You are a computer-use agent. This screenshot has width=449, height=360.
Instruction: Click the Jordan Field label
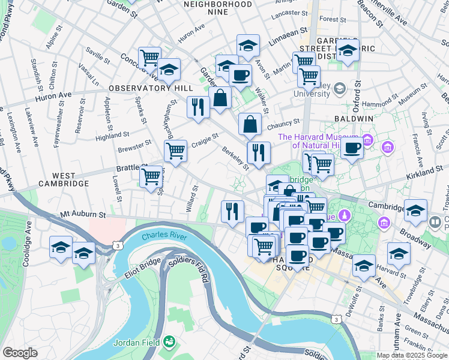click(138, 343)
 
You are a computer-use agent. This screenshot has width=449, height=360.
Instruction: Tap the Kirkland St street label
click(423, 172)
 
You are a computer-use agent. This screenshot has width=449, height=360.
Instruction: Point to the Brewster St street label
click(134, 146)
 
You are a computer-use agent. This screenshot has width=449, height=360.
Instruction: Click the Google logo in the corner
click(20, 353)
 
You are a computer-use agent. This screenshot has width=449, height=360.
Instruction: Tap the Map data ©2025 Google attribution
click(412, 355)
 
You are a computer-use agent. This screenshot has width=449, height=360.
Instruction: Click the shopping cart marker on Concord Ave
click(150, 58)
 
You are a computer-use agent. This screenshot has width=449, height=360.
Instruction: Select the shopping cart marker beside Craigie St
click(175, 151)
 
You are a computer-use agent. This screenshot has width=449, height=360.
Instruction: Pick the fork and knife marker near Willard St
click(232, 211)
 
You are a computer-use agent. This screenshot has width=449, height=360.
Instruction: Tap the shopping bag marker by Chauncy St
click(250, 124)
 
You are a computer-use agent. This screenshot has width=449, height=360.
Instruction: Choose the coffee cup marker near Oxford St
click(352, 148)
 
